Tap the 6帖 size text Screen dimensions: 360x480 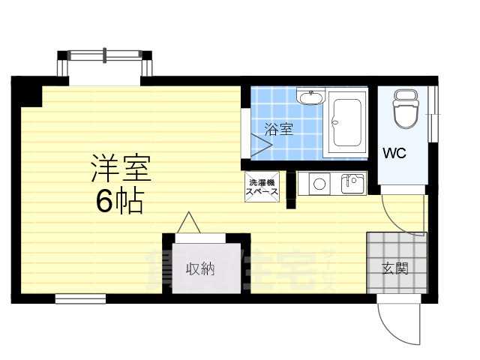click(x=119, y=202)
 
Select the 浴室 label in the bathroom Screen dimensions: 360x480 click(x=279, y=129)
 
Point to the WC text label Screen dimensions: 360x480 click(x=394, y=154)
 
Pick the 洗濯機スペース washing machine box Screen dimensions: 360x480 click(x=262, y=186)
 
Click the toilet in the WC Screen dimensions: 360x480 click(x=406, y=110)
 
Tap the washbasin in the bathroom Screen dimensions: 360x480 click(x=309, y=97)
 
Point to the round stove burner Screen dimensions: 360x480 click(x=318, y=182)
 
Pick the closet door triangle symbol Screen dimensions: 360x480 click(x=188, y=223)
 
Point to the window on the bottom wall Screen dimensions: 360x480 click(x=79, y=298)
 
